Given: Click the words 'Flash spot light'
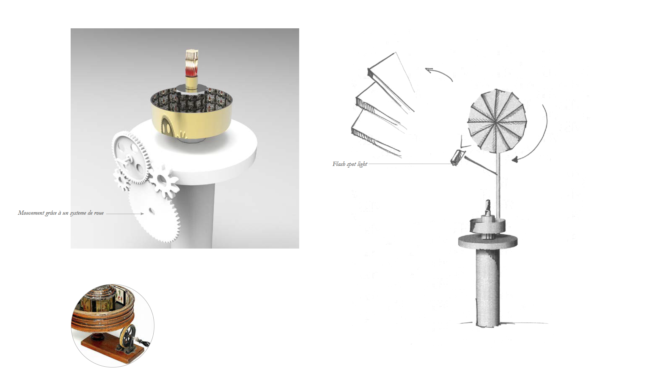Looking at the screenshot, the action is (x=350, y=164).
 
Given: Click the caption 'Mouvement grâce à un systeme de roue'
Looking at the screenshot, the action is (x=61, y=213).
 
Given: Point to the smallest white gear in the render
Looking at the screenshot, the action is (x=121, y=180).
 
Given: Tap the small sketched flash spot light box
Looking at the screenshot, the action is (x=458, y=157).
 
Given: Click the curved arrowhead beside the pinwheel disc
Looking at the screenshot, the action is (x=514, y=159).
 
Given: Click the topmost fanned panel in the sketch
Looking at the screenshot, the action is (x=391, y=81).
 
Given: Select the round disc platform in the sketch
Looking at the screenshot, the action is (x=488, y=241).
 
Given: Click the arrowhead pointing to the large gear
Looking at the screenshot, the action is (x=142, y=214).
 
